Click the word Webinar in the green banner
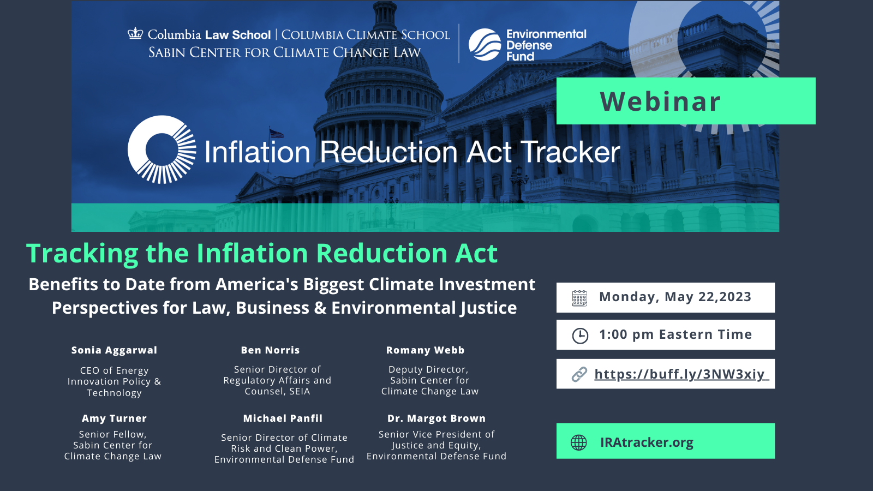click(660, 102)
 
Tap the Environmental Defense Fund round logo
click(485, 45)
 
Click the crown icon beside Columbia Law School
click(135, 34)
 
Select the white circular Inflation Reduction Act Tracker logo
click(162, 149)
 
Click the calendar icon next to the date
click(579, 298)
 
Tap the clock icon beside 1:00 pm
click(580, 336)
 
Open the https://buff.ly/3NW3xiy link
click(681, 374)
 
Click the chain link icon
click(579, 374)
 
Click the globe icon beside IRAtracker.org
click(579, 442)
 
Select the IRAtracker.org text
click(647, 442)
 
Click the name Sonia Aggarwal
click(114, 350)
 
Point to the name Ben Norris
click(270, 350)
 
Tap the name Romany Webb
click(425, 350)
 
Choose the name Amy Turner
click(114, 418)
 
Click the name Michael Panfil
click(283, 418)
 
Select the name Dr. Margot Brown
click(436, 418)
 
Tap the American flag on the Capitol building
click(277, 133)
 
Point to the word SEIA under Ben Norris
click(300, 392)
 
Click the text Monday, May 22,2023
click(675, 297)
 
